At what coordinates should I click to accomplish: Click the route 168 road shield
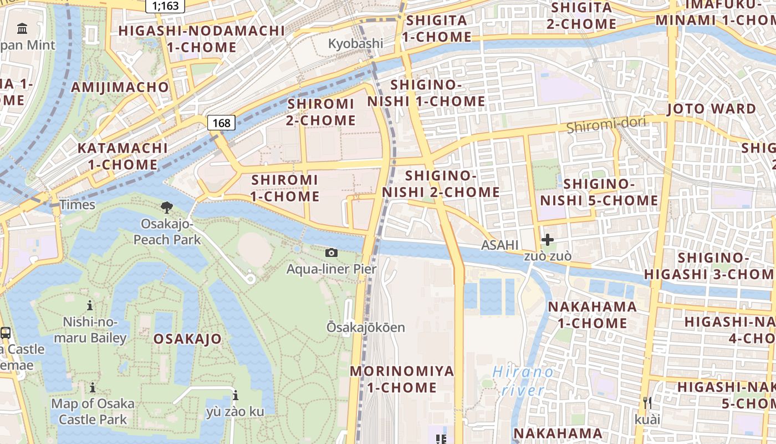[221, 123]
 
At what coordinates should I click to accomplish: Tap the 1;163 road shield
[165, 6]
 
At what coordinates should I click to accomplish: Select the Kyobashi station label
[355, 43]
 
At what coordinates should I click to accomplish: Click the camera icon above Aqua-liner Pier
[331, 253]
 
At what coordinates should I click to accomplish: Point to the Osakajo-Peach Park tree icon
[166, 208]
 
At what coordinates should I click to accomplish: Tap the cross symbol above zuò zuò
[548, 240]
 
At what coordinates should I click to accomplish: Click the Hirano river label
[523, 381]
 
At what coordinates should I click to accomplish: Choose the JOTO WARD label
[711, 109]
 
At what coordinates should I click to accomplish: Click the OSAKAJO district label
[187, 339]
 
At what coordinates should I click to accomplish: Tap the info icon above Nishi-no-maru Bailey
[90, 305]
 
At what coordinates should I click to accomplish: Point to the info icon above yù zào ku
[236, 396]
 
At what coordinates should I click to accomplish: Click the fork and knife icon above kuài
[647, 402]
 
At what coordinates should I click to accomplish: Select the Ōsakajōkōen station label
[365, 327]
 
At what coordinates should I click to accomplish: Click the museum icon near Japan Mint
[22, 28]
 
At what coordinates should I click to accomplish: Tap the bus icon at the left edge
[6, 333]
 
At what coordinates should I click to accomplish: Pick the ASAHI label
[499, 245]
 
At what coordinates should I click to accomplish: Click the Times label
[78, 205]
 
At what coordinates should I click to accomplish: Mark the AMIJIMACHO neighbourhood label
[120, 87]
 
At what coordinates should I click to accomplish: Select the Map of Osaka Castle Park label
[93, 411]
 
